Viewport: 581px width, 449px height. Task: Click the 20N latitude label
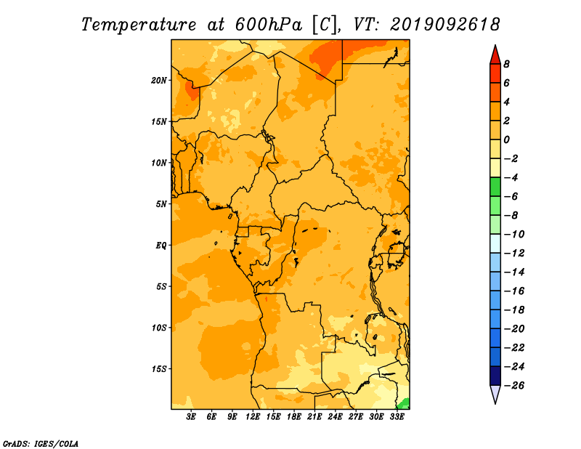pos(159,81)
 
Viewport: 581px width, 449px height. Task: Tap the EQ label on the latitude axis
pos(161,246)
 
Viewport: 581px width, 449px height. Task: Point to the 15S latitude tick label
pos(159,369)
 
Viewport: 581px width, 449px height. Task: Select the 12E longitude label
pos(253,417)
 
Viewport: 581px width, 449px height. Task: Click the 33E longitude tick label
pos(397,417)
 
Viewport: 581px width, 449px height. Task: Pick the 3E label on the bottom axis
pos(191,417)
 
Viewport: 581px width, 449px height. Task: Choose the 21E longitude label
pos(314,417)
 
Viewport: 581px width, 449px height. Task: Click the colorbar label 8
pos(506,64)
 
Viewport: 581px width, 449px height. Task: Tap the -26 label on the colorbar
pos(514,386)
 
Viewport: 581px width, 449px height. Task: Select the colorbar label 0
pos(506,139)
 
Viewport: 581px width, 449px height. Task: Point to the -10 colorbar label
pos(514,235)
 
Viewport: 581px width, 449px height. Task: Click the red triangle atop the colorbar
pos(495,55)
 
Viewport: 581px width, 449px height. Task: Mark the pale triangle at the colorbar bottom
pos(495,394)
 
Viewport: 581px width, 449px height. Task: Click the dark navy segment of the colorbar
pos(495,376)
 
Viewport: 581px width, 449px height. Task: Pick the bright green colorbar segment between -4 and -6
pos(495,187)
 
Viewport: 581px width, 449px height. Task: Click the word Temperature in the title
pos(139,25)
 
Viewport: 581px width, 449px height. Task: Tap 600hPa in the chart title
pos(269,25)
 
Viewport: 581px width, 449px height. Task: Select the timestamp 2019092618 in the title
pos(445,25)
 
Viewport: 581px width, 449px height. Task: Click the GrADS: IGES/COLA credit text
pos(41,444)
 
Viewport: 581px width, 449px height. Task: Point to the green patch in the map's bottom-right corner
pos(405,404)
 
